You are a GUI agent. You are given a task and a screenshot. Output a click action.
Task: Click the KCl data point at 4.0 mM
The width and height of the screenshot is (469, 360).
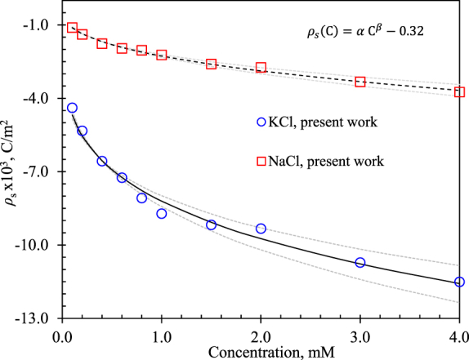pyautogui.click(x=459, y=282)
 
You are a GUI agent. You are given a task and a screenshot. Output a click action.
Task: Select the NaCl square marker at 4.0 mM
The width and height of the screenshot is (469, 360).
pyautogui.click(x=459, y=92)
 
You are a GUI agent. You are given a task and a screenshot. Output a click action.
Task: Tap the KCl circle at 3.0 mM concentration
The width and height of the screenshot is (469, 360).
pyautogui.click(x=360, y=263)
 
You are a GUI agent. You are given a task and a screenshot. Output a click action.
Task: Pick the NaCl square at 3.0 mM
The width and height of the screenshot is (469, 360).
pyautogui.click(x=360, y=82)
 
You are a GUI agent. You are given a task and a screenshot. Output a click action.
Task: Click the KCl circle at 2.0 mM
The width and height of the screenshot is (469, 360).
pyautogui.click(x=261, y=229)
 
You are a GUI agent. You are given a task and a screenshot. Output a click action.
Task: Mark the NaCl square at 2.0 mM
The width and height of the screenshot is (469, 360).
pyautogui.click(x=261, y=68)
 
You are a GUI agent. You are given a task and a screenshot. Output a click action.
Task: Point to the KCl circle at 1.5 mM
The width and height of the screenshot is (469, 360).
pyautogui.click(x=211, y=224)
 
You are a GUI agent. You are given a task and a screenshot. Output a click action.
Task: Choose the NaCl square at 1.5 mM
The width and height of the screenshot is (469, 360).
pyautogui.click(x=211, y=64)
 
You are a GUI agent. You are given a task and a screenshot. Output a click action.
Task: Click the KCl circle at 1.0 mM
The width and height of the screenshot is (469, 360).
pyautogui.click(x=162, y=214)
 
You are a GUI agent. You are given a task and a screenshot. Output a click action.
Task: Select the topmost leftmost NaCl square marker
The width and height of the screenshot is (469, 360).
pyautogui.click(x=72, y=29)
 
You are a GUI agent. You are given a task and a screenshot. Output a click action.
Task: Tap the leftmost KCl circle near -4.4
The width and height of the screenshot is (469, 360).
pyautogui.click(x=72, y=108)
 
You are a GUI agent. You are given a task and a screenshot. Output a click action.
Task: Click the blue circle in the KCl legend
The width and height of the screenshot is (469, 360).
pyautogui.click(x=262, y=122)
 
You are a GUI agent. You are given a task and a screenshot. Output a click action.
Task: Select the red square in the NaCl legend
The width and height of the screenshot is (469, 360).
pyautogui.click(x=262, y=161)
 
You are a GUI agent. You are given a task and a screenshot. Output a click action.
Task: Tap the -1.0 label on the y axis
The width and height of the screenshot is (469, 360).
pyautogui.click(x=38, y=26)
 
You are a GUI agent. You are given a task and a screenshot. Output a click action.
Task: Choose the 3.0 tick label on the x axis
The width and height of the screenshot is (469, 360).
pyautogui.click(x=360, y=335)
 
